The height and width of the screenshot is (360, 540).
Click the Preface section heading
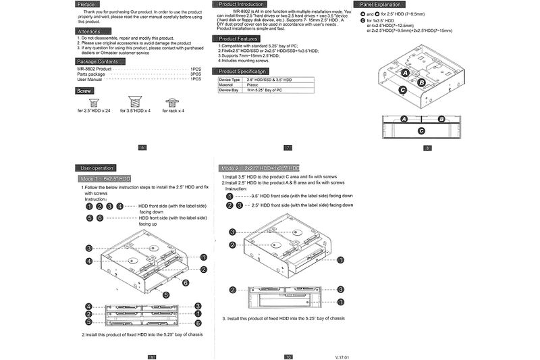click(x=86, y=5)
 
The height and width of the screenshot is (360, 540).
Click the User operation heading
click(x=97, y=168)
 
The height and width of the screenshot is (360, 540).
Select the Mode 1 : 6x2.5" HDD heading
click(x=105, y=178)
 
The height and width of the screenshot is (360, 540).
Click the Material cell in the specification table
click(x=227, y=84)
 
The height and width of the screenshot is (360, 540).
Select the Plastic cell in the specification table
click(x=253, y=84)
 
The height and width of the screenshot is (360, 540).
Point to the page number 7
click(x=288, y=147)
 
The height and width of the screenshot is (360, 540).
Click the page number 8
click(x=427, y=147)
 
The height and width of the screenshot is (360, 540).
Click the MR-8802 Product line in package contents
click(x=94, y=69)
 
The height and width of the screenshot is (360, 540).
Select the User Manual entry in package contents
click(x=90, y=79)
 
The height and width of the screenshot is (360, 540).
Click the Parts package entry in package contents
click(x=91, y=74)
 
